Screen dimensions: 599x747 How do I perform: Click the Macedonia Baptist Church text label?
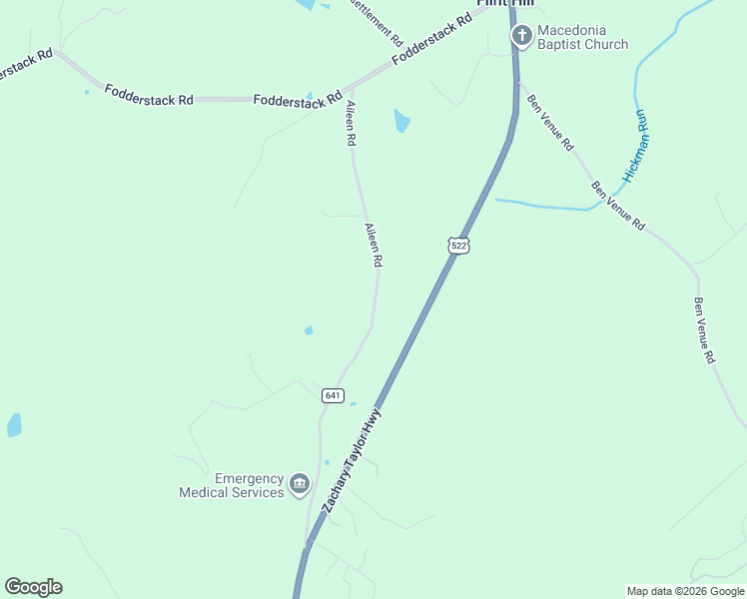coord(583,37)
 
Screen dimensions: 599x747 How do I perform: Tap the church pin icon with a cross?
coord(521,37)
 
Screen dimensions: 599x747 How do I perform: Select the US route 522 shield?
coord(457,246)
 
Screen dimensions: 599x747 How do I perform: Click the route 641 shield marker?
coord(334,395)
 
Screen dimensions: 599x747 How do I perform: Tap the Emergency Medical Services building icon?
coord(299,485)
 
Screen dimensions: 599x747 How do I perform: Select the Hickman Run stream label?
coord(636,146)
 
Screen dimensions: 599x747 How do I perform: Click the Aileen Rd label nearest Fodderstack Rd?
coord(351,124)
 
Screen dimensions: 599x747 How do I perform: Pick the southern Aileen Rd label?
coord(373,246)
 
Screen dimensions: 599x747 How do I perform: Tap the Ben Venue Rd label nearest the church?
coord(550,122)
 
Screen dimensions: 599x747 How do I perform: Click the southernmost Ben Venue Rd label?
coord(705,330)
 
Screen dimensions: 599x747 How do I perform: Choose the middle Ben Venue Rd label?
coord(617,207)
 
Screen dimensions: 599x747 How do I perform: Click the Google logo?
coord(33,587)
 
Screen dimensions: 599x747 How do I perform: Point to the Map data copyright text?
coord(685,591)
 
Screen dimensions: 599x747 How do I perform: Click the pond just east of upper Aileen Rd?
coord(401,121)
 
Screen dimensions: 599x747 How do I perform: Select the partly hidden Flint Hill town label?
coord(503,4)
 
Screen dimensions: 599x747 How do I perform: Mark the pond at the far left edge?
coord(14,425)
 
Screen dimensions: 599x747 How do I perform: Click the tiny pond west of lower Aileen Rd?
coord(309,330)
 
